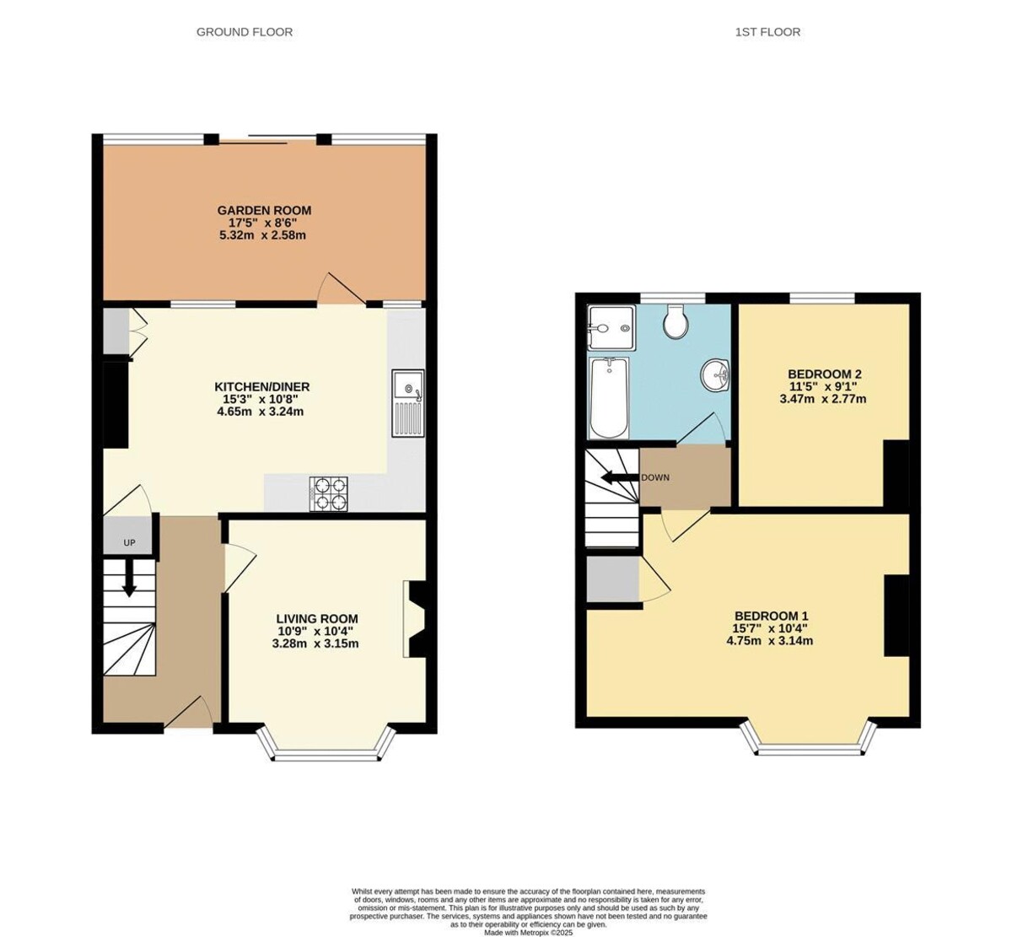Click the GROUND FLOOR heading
coord(245,32)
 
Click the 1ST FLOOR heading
coord(767,32)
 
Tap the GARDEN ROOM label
coord(264,210)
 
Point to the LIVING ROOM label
coord(316,618)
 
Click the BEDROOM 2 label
coord(824,374)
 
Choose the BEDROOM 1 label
coord(771,616)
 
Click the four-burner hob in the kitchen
coord(330,493)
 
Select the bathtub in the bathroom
coord(608,398)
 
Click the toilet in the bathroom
coord(676,321)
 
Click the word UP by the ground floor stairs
coord(129,543)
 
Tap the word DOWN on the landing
coord(655,477)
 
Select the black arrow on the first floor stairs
coord(618,478)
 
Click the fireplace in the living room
coord(417,618)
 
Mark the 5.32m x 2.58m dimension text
coord(261,235)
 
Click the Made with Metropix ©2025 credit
coord(528,932)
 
